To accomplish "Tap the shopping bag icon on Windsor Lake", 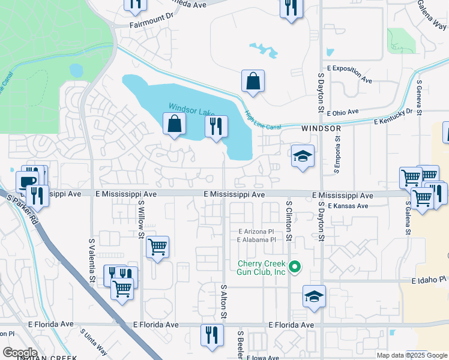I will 174,124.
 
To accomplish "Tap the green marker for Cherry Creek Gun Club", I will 294,268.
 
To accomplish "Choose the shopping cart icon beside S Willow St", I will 157,246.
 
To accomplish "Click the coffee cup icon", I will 27,181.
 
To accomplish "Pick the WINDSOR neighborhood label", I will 321,128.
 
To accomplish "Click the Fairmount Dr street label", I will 151,25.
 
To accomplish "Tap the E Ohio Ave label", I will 343,112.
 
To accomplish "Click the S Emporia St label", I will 337,154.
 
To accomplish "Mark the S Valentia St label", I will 92,260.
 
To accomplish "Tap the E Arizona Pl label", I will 256,231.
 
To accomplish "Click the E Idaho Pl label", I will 430,280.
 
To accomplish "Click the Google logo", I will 20,352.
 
